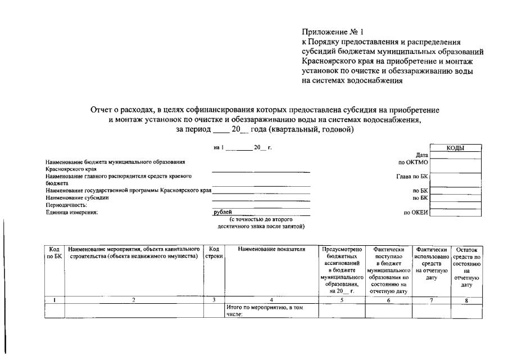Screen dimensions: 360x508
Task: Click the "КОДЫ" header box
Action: coord(455,148)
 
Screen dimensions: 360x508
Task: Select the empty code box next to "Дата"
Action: coord(455,155)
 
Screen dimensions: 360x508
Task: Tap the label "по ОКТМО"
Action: coord(413,162)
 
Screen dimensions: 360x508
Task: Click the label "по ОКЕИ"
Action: coord(415,213)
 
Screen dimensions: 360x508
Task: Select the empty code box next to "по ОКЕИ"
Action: coord(455,213)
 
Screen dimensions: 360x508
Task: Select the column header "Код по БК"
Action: coord(55,253)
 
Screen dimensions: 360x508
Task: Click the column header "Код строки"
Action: coord(214,253)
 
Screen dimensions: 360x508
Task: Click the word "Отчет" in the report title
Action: coord(102,110)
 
